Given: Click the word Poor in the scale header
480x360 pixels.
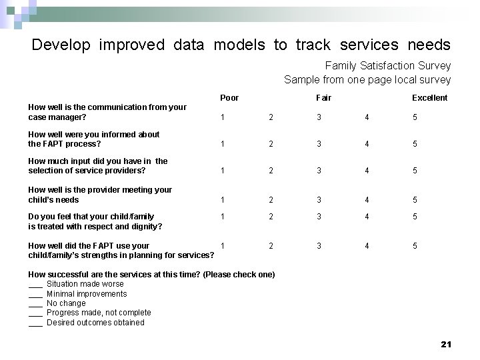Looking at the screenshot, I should [229, 98].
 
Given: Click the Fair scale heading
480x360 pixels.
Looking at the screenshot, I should [323, 98].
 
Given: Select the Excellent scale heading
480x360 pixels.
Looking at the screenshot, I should [429, 98].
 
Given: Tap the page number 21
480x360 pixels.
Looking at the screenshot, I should [446, 344].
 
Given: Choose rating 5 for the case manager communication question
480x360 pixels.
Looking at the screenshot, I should [415, 117].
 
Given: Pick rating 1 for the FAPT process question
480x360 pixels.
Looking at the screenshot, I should [223, 144].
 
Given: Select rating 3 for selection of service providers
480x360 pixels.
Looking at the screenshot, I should [319, 171].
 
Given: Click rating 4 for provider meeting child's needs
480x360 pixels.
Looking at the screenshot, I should [367, 199].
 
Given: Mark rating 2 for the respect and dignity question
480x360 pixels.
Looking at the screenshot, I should [271, 217].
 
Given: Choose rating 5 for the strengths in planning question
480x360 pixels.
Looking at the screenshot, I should [415, 246].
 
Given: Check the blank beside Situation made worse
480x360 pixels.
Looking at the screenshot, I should [35, 285].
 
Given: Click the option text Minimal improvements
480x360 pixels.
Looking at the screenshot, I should [87, 294].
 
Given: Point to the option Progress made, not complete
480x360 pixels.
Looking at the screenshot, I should [99, 313].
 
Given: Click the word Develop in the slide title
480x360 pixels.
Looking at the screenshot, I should [61, 45].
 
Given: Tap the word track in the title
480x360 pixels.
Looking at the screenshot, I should [313, 45].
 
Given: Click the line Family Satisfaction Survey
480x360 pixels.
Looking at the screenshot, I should [387, 66].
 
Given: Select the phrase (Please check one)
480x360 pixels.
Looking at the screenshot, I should [239, 275].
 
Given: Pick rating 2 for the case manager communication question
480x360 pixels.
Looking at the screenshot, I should [271, 117].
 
